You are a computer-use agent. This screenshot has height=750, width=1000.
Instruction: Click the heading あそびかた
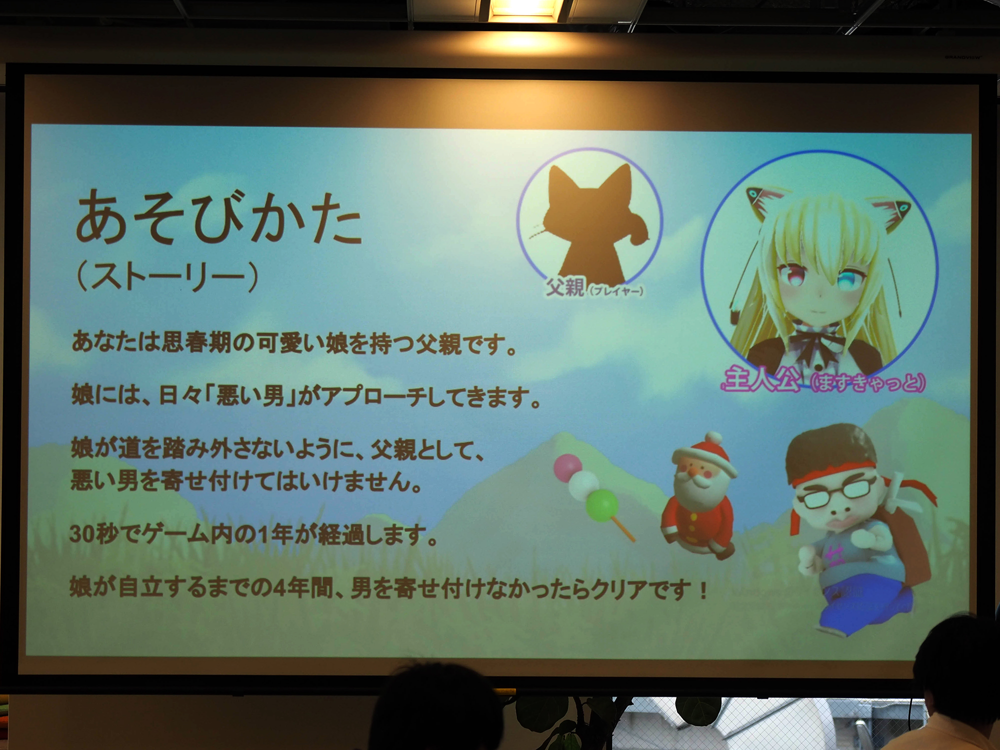click(218, 218)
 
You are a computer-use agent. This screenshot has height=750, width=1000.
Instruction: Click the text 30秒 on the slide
click(95, 534)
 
